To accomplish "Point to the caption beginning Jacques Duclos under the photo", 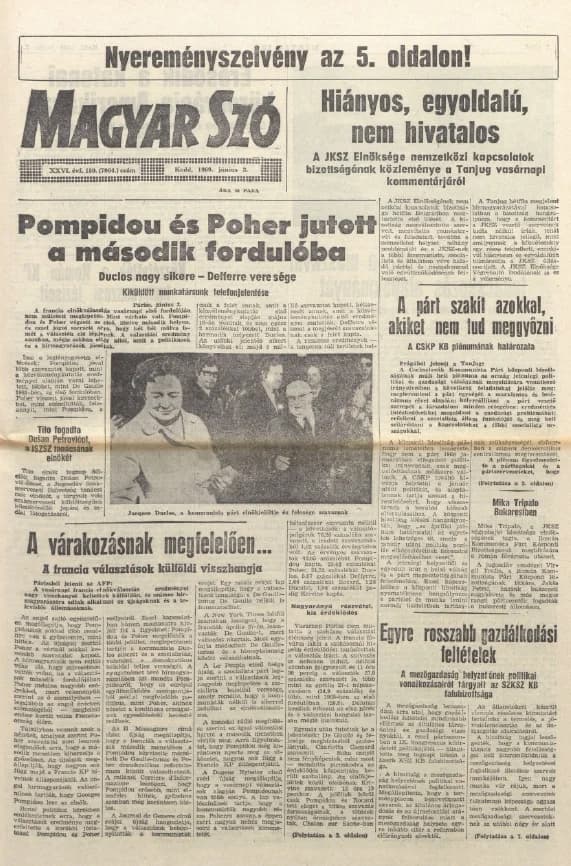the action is click(x=240, y=510).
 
